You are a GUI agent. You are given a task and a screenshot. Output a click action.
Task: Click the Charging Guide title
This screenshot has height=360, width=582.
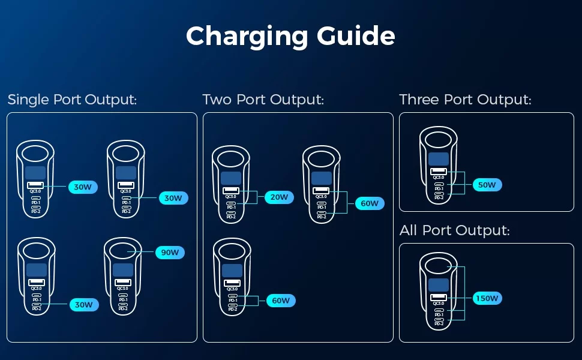click(290, 36)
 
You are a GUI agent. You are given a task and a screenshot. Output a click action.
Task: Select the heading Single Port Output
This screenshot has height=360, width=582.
click(72, 100)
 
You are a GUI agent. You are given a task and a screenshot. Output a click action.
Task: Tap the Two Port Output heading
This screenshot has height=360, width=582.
click(263, 100)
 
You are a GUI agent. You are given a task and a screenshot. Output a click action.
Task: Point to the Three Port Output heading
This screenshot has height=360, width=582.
click(465, 100)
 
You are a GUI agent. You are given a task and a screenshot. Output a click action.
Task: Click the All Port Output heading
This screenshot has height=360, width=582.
click(454, 230)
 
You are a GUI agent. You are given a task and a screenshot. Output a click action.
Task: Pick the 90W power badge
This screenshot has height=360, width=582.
click(170, 253)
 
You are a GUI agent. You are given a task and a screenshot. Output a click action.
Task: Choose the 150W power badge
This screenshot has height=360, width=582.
click(487, 298)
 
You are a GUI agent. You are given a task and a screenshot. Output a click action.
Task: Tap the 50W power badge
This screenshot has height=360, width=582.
click(487, 185)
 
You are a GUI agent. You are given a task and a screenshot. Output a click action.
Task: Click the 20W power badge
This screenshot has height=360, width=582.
click(279, 197)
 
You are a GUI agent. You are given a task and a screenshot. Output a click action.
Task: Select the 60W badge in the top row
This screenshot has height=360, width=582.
click(370, 203)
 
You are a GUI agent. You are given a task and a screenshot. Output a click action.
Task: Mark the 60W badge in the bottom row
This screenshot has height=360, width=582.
click(281, 301)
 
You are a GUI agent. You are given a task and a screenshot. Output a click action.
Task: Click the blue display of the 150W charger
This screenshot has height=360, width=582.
click(438, 285)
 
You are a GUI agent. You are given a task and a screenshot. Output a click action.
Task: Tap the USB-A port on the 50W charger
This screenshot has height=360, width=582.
click(439, 172)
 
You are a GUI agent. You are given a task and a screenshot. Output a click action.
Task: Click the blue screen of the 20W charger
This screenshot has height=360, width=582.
click(230, 178)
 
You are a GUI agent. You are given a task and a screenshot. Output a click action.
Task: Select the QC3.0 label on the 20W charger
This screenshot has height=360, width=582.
click(231, 196)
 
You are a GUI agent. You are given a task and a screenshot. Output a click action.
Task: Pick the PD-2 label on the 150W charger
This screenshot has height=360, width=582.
click(439, 324)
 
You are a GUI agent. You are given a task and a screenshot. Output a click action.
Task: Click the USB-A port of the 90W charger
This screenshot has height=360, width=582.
click(123, 282)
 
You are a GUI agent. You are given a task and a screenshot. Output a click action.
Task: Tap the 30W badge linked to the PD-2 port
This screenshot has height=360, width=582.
click(83, 305)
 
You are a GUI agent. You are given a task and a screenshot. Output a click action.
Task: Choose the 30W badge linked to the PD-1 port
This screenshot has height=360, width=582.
click(173, 198)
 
